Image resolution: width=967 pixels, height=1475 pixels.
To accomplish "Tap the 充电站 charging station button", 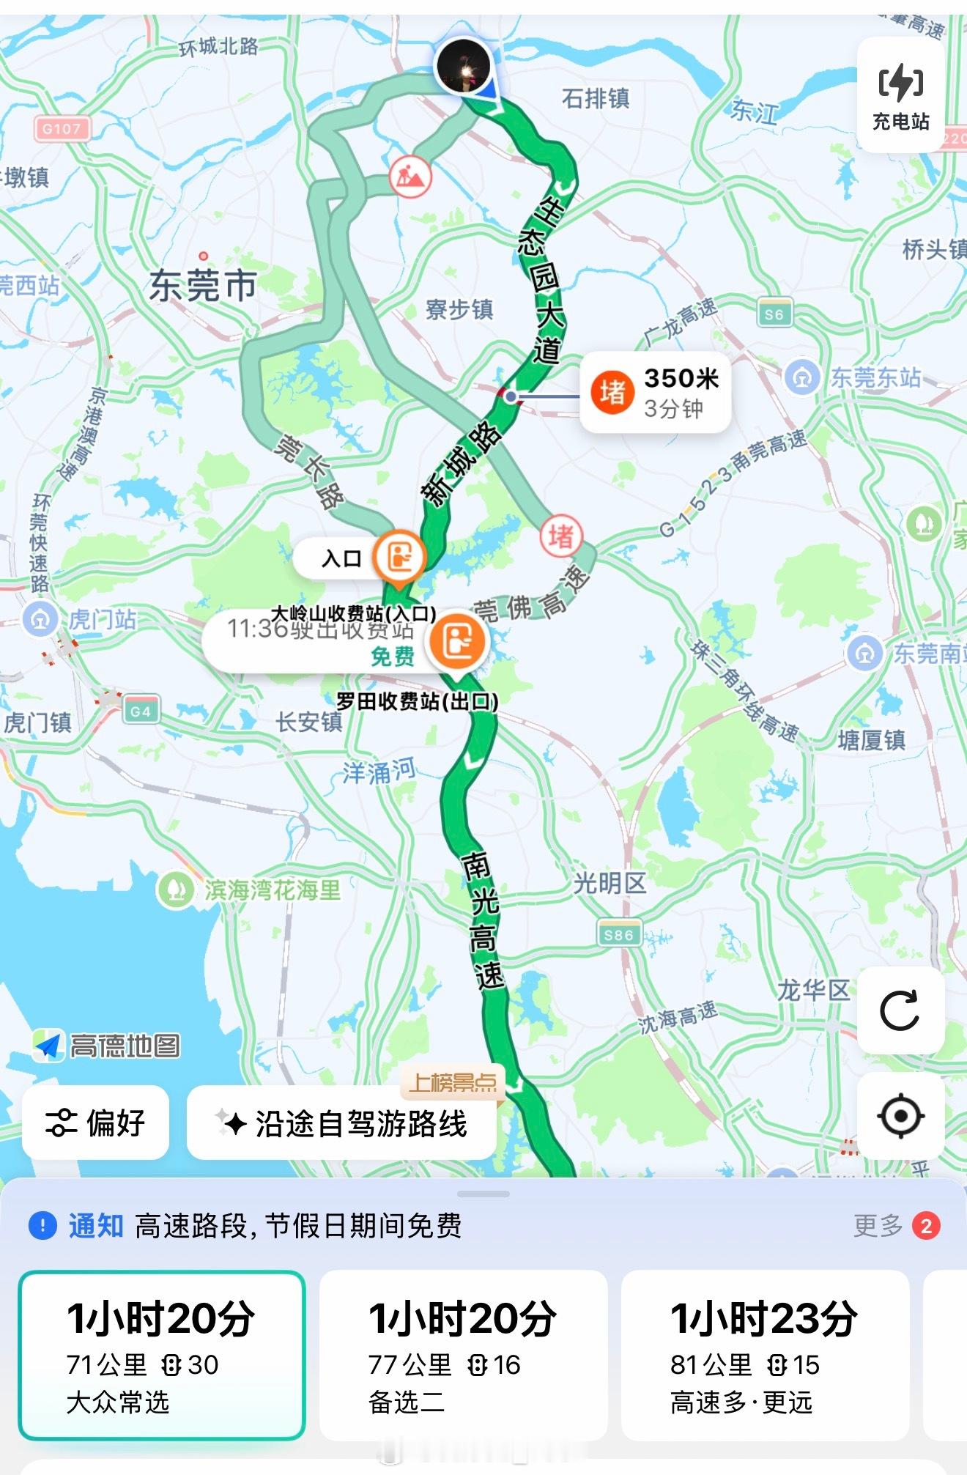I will [x=900, y=96].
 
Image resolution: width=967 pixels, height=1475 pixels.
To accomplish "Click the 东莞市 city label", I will [x=203, y=285].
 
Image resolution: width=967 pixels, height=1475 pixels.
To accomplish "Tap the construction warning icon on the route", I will [x=410, y=176].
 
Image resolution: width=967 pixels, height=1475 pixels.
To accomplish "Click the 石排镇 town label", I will [x=596, y=98].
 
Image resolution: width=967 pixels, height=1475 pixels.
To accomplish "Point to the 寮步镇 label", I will [x=459, y=309].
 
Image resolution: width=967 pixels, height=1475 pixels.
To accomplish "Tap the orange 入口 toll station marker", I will [x=399, y=558].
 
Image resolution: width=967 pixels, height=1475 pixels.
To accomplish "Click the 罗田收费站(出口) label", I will [x=417, y=701].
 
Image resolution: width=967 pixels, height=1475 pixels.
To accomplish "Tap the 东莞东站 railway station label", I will [x=875, y=378].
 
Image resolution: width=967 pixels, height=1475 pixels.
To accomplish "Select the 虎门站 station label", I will [x=102, y=620].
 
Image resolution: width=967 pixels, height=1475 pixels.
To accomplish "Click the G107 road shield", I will [x=62, y=129].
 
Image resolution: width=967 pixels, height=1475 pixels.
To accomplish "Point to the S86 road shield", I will [x=618, y=934].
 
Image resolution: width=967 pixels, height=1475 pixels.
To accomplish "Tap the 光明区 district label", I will [x=610, y=884].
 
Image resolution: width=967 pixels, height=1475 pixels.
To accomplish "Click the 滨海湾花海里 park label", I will [x=272, y=890].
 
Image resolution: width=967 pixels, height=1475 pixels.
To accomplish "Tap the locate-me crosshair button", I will [x=900, y=1116].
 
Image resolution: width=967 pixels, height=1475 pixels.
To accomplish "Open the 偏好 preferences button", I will [x=96, y=1123].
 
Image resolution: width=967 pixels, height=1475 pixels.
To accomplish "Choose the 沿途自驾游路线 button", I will [x=342, y=1123].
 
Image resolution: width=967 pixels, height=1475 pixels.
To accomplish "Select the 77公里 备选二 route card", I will [x=463, y=1355].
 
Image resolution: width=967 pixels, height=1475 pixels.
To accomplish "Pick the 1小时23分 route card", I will [x=765, y=1355].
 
